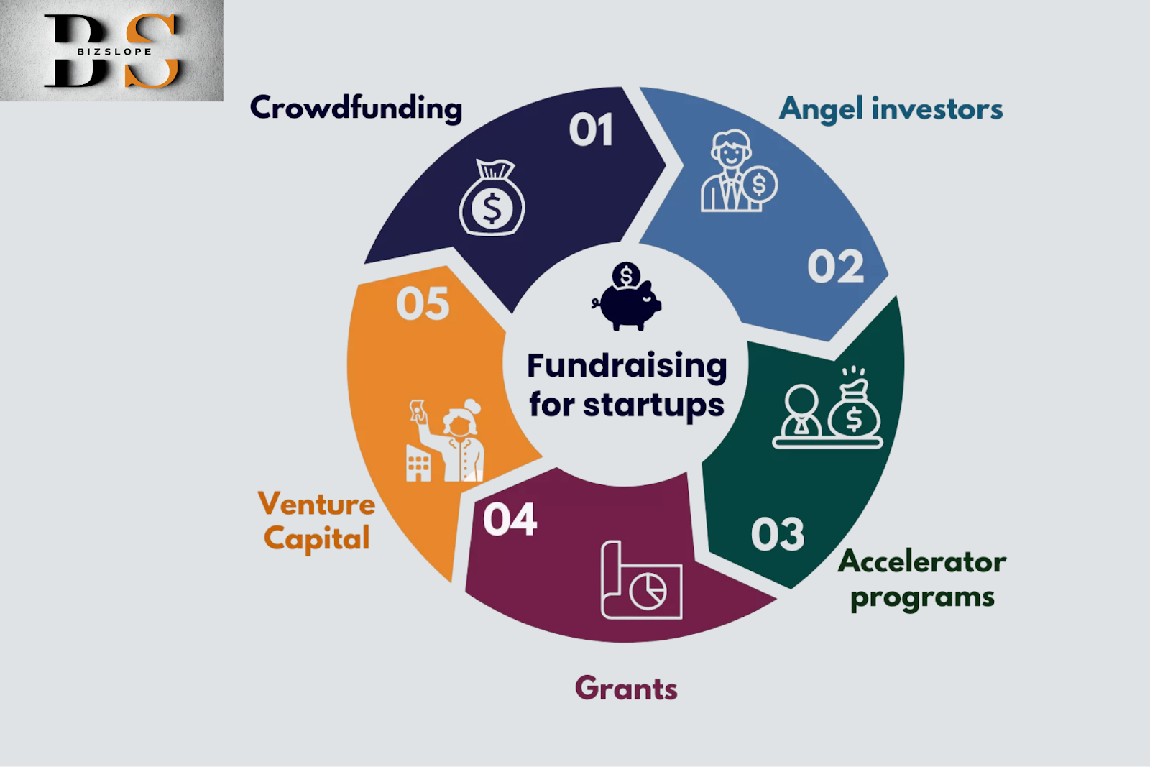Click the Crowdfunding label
click(x=356, y=109)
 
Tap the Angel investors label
click(x=891, y=109)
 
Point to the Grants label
click(x=626, y=689)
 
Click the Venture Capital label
click(x=317, y=520)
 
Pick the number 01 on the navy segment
click(x=591, y=129)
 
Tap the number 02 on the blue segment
click(x=835, y=266)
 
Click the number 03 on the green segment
click(x=777, y=534)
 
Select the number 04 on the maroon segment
click(x=510, y=519)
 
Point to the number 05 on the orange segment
click(x=423, y=303)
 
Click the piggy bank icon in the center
click(x=626, y=296)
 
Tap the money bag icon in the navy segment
click(x=492, y=198)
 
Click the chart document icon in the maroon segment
click(x=641, y=579)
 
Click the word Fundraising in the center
click(x=627, y=366)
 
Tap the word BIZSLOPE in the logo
click(x=114, y=51)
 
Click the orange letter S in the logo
click(x=152, y=50)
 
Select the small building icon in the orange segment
click(x=418, y=463)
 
